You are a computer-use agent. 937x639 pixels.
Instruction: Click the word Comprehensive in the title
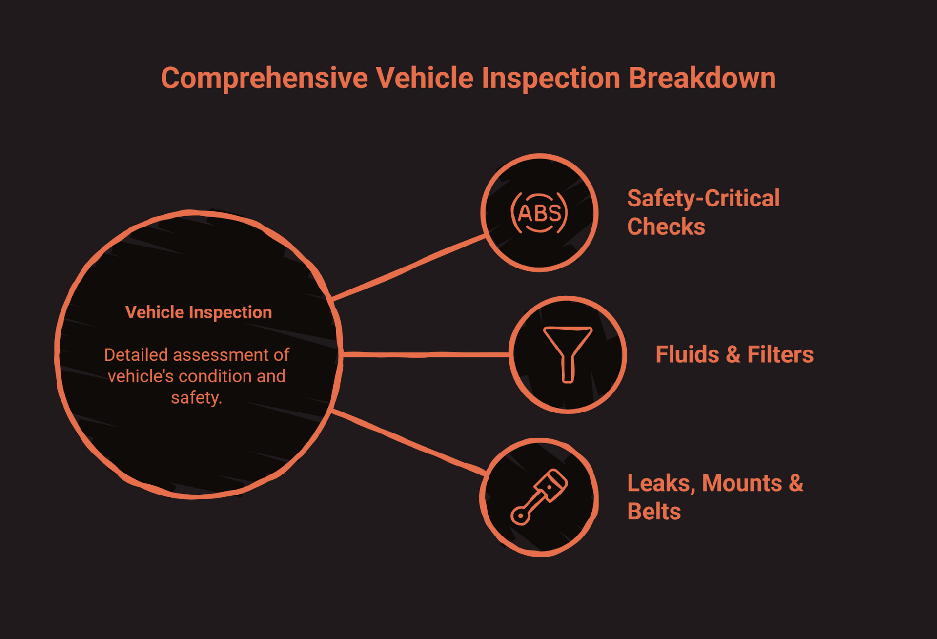pyautogui.click(x=264, y=78)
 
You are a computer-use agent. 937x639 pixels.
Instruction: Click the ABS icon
pyautogui.click(x=539, y=213)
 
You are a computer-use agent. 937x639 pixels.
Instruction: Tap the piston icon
pyautogui.click(x=539, y=497)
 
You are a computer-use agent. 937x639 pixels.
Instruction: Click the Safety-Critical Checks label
pyautogui.click(x=703, y=212)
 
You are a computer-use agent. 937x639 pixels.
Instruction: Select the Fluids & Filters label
pyautogui.click(x=734, y=354)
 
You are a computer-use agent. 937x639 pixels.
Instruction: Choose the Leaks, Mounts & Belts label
pyautogui.click(x=714, y=497)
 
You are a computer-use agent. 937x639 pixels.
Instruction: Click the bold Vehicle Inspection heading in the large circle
pyautogui.click(x=199, y=312)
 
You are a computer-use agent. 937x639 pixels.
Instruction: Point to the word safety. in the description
pyautogui.click(x=196, y=397)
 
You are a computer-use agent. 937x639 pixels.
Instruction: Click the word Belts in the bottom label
pyautogui.click(x=653, y=512)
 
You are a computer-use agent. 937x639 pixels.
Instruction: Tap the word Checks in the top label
pyautogui.click(x=666, y=227)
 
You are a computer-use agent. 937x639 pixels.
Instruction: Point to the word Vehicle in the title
pyautogui.click(x=424, y=78)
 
